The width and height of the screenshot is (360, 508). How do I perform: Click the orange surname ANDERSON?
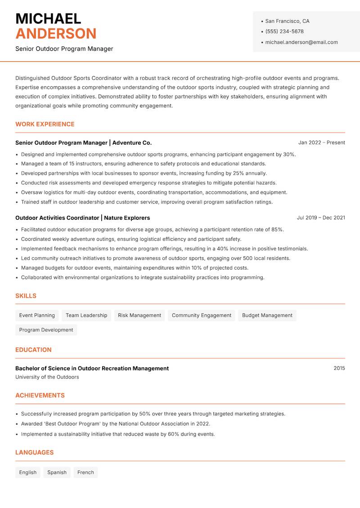(x=56, y=34)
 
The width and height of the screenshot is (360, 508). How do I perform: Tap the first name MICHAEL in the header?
(x=48, y=18)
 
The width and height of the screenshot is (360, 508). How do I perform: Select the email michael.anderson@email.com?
(x=301, y=42)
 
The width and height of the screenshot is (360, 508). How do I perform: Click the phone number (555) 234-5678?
(x=284, y=31)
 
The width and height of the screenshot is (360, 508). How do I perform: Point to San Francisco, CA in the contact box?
(x=287, y=21)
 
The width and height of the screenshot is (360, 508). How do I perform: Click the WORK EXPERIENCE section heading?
(x=45, y=124)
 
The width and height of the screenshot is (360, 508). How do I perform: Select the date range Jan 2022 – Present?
(x=321, y=143)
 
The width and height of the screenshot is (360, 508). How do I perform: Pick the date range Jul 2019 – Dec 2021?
(x=321, y=218)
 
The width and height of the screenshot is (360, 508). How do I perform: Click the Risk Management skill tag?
(x=139, y=315)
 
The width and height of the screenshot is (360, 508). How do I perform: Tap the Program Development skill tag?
(x=46, y=330)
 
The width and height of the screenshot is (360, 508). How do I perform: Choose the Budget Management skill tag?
(x=267, y=315)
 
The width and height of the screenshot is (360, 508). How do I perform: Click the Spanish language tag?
(x=57, y=472)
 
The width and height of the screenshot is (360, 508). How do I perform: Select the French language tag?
(x=85, y=472)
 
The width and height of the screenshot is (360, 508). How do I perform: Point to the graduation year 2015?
(x=339, y=368)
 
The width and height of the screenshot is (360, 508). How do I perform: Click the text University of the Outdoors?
(x=47, y=377)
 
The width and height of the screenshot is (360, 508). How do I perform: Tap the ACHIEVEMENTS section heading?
(x=40, y=396)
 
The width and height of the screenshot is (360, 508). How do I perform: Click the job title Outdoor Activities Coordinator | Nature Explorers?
(x=82, y=218)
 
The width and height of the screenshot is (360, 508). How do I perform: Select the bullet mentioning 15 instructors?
(x=144, y=164)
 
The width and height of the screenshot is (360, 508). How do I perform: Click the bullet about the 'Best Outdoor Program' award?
(x=116, y=423)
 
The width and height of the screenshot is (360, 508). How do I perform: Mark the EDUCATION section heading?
(x=33, y=350)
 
